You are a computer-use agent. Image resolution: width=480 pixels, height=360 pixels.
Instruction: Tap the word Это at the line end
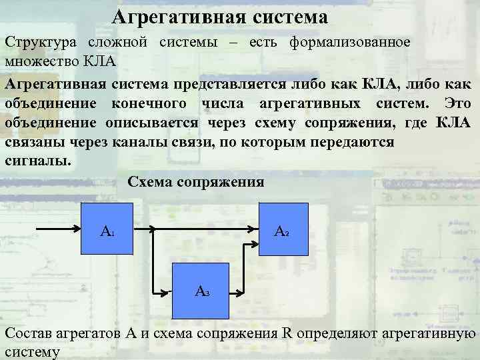click(x=457, y=104)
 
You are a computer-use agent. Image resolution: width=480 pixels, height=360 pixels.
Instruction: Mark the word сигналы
click(x=37, y=161)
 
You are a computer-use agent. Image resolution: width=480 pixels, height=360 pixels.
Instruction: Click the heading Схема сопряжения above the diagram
click(x=195, y=182)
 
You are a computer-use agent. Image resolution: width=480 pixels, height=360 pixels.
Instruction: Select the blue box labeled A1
click(x=107, y=231)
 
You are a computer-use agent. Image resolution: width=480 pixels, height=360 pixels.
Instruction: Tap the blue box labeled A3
click(x=201, y=290)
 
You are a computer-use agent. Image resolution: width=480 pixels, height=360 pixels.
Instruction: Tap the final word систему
click(x=32, y=351)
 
